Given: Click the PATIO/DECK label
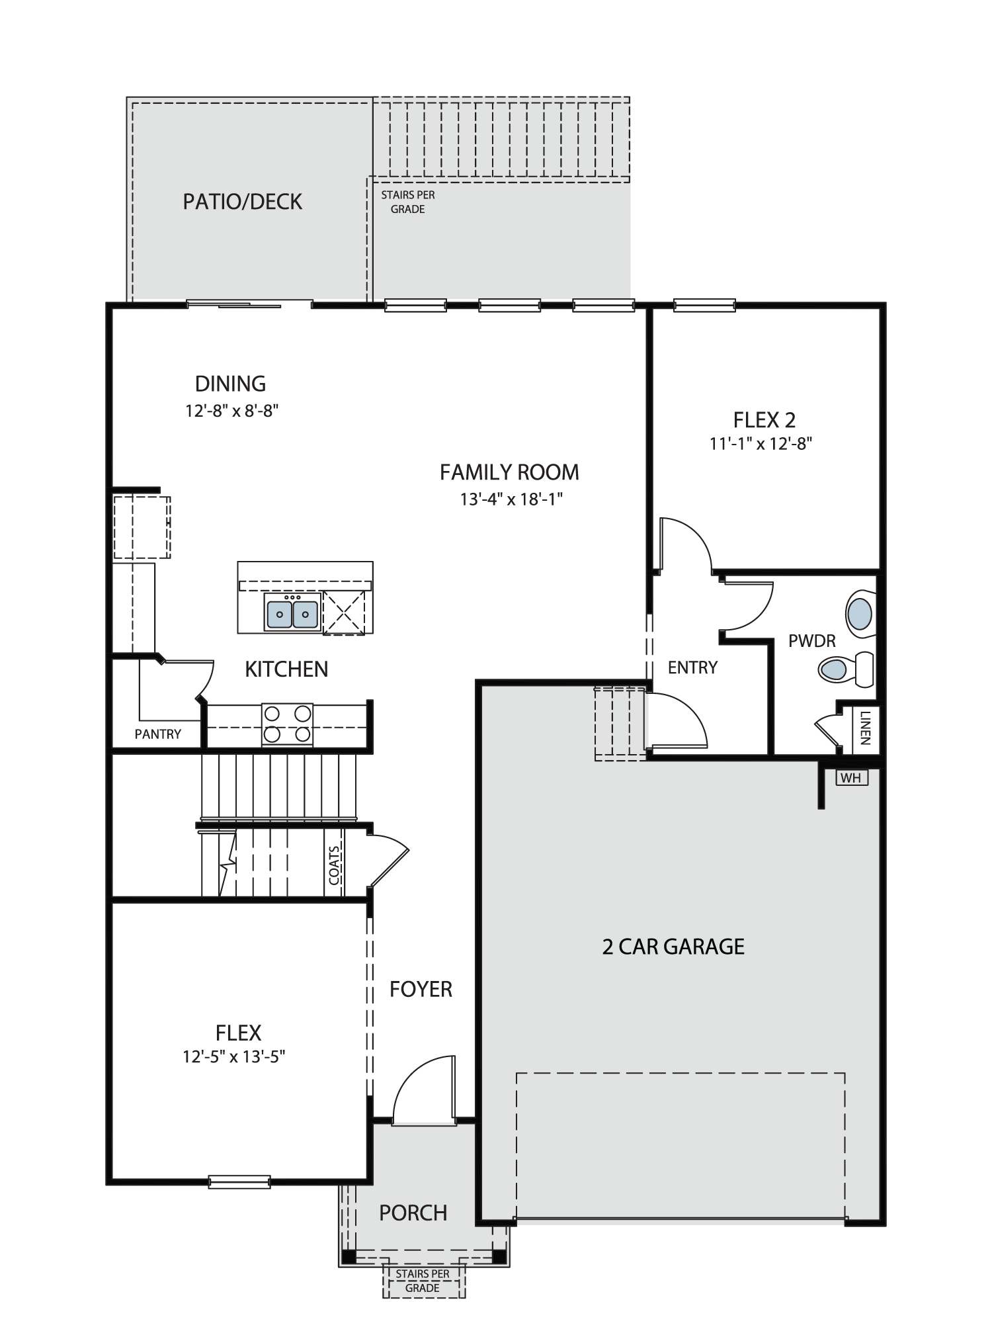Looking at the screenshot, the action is point(242,202).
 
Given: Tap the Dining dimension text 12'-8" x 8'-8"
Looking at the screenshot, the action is point(231,411).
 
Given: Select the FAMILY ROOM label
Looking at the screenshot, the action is point(509,472).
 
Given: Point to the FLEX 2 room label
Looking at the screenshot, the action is point(764,420).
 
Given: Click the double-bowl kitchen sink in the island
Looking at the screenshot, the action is point(292,612).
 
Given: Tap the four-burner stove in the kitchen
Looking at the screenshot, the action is point(287,724).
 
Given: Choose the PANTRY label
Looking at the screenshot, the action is point(158,734).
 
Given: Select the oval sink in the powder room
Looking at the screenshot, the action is point(860,614).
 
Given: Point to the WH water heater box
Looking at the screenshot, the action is point(852,778).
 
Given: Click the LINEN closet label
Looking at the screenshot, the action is point(866,728).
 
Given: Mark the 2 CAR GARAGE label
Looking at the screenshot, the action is point(673,947).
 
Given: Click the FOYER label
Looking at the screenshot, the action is point(421,989).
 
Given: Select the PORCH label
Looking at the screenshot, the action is point(413,1213).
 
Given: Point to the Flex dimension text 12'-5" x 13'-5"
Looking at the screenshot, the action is point(233,1056).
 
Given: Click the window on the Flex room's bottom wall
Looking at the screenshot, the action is point(239,1181).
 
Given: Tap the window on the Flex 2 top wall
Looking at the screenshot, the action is point(704,305).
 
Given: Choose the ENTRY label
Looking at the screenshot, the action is point(692,667).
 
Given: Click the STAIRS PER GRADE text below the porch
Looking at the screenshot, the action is point(423,1281).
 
